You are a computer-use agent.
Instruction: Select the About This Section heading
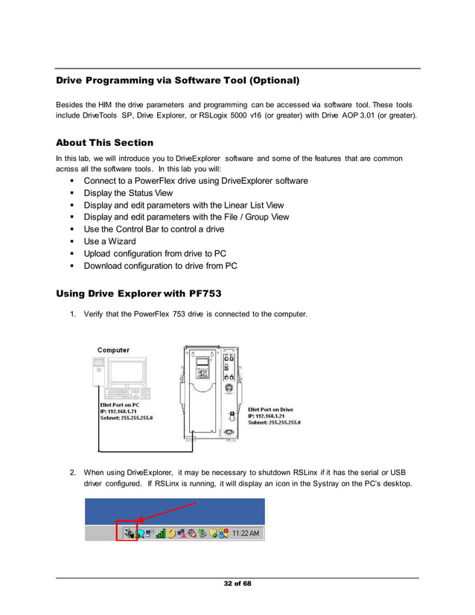pyautogui.click(x=104, y=142)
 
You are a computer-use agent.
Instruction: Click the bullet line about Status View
pyautogui.click(x=128, y=193)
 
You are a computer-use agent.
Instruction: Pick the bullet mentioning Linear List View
pyautogui.click(x=183, y=205)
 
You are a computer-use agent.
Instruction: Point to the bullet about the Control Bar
pyautogui.click(x=153, y=229)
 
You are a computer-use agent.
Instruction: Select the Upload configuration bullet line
pyautogui.click(x=155, y=253)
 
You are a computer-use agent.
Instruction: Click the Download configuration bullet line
pyautogui.click(x=160, y=266)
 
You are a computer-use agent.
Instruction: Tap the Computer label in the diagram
pyautogui.click(x=113, y=350)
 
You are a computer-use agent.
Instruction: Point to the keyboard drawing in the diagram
pyautogui.click(x=128, y=393)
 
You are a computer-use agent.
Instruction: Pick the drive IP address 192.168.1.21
pyautogui.click(x=273, y=415)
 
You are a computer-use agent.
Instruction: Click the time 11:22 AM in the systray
pyautogui.click(x=246, y=534)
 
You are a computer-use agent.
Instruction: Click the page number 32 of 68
pyautogui.click(x=238, y=583)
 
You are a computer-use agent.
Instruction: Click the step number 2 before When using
pyautogui.click(x=73, y=472)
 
